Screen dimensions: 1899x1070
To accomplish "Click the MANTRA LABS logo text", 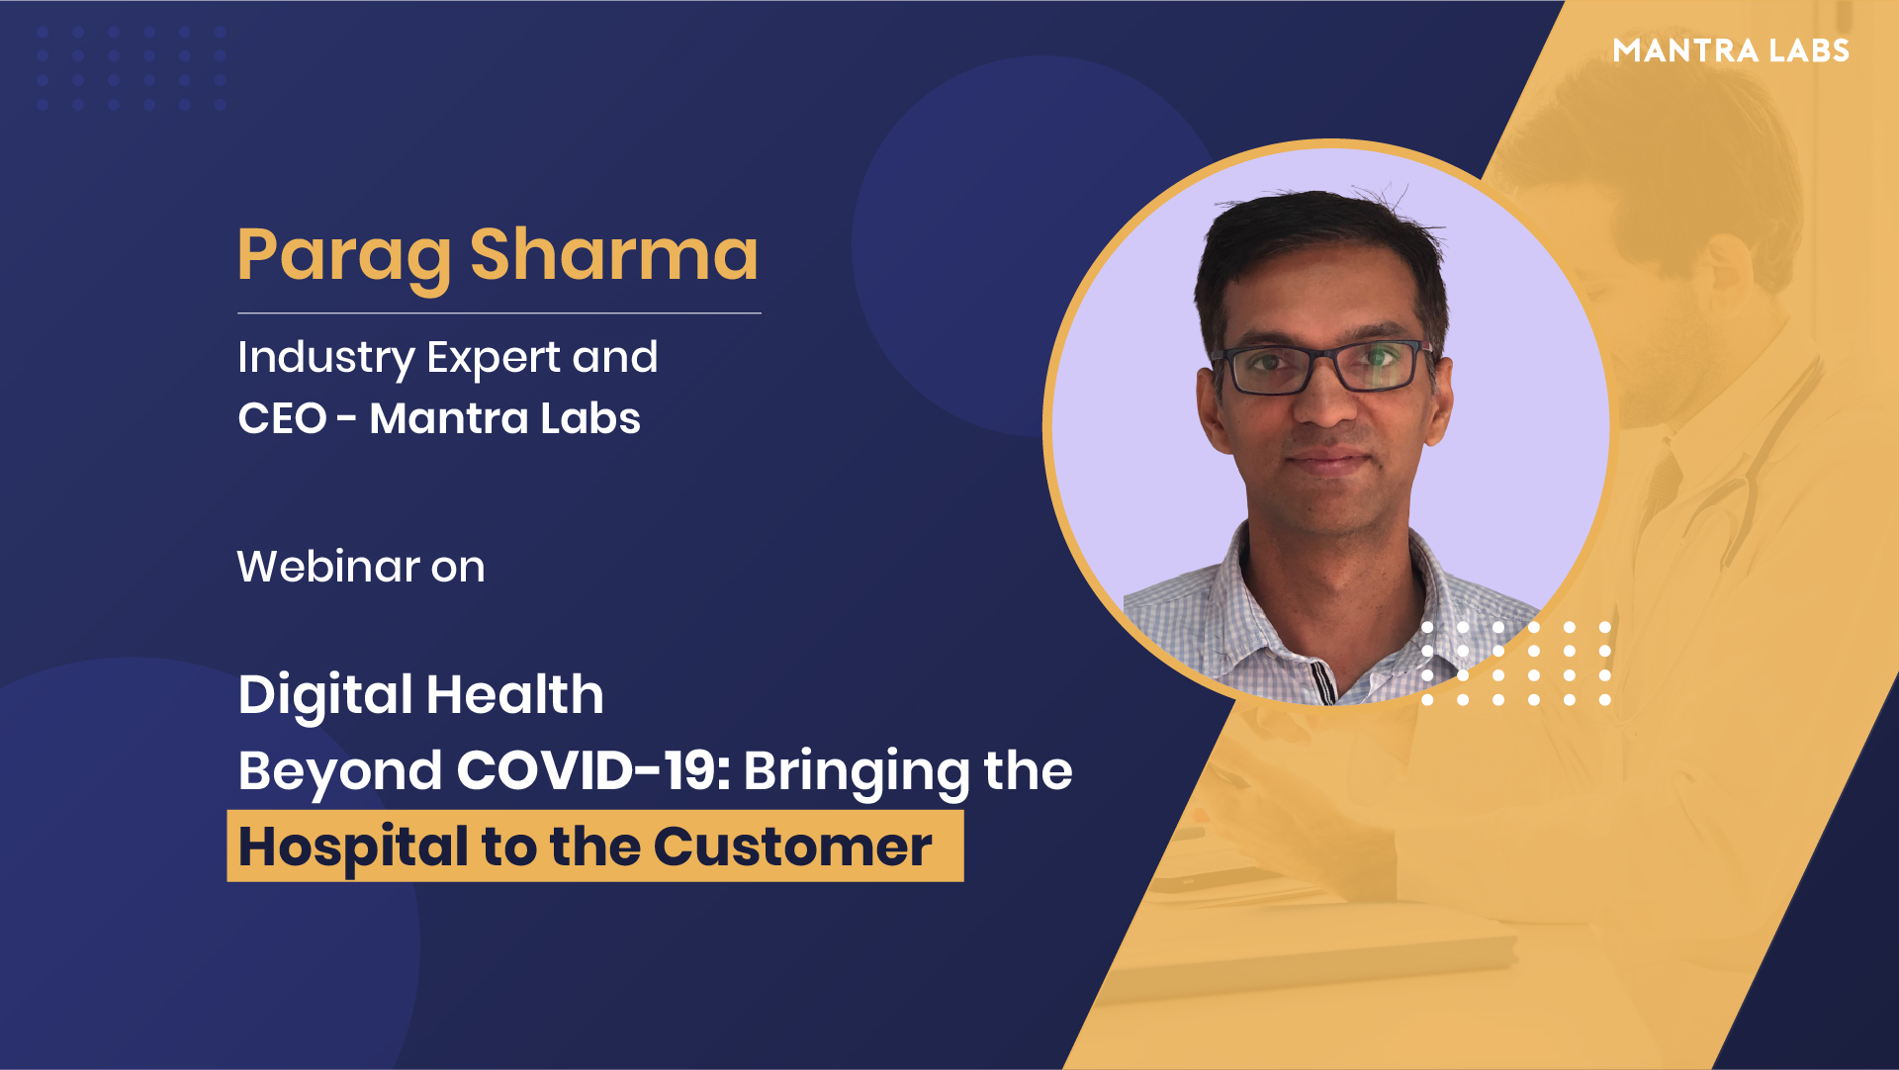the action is click(x=1731, y=50).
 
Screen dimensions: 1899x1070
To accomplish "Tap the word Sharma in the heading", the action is click(x=614, y=254).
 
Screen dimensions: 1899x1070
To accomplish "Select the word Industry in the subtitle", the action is click(x=326, y=359).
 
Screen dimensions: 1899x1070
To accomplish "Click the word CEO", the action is click(x=282, y=418).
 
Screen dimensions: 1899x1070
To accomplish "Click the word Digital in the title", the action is click(x=325, y=696).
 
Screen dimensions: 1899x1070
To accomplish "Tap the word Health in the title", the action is click(x=515, y=694).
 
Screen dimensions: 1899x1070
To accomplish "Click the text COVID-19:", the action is click(x=593, y=770).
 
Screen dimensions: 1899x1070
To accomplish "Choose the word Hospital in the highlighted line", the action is click(x=353, y=848).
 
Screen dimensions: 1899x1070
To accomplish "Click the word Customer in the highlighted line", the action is click(x=792, y=847).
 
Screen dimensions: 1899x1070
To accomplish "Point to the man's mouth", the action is click(x=1327, y=460).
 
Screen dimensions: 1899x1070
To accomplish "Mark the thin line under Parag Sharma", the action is click(x=499, y=312).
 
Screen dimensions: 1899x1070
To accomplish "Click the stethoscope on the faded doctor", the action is click(x=1741, y=475).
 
